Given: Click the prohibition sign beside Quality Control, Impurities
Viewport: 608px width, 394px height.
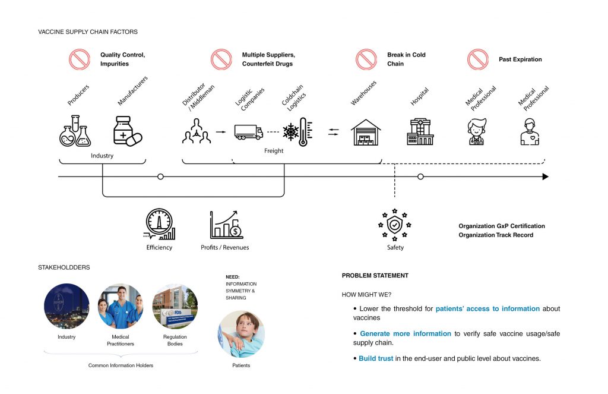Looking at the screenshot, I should (79, 59).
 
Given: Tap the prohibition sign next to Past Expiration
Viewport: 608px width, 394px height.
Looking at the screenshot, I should (477, 59).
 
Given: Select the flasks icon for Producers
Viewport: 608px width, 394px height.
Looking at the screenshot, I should (75, 131).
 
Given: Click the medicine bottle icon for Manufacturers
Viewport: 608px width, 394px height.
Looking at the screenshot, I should (127, 131).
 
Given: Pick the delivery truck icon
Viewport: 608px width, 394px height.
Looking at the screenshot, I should (248, 132).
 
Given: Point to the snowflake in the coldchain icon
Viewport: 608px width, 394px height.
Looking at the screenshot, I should (291, 132).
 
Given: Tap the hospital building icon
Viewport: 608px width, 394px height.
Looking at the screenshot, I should (420, 131).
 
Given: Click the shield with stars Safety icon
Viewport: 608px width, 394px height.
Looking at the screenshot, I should (395, 225).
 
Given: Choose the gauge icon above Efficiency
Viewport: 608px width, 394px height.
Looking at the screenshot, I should (159, 224).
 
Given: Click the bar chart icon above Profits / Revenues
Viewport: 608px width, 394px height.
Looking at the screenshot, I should (226, 225).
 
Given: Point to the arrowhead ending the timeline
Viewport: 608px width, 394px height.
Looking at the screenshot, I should (545, 176).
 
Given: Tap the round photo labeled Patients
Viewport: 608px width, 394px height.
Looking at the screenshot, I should (240, 333).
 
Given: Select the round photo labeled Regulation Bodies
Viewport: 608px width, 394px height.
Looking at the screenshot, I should (175, 306).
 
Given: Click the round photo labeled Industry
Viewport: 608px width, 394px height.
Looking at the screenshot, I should (66, 306).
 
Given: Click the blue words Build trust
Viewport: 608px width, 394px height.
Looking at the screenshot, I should (376, 359).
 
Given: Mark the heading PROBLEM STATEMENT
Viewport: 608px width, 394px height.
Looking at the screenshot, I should (375, 276).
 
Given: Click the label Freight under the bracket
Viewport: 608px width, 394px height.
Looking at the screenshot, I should (274, 151).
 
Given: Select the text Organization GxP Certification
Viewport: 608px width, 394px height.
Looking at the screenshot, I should (501, 226).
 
